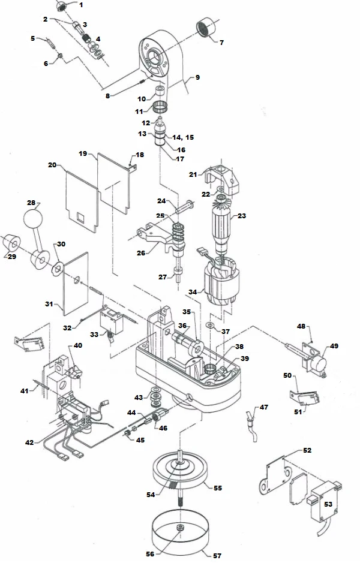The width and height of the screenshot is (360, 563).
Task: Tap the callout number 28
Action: pyautogui.click(x=31, y=203)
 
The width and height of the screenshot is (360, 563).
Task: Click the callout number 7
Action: pyautogui.click(x=221, y=43)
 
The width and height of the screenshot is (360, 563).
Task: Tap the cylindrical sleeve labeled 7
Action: pyautogui.click(x=206, y=28)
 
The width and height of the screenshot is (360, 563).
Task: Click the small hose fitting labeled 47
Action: pyautogui.click(x=248, y=417)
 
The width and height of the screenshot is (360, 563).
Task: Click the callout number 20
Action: pyautogui.click(x=52, y=164)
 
